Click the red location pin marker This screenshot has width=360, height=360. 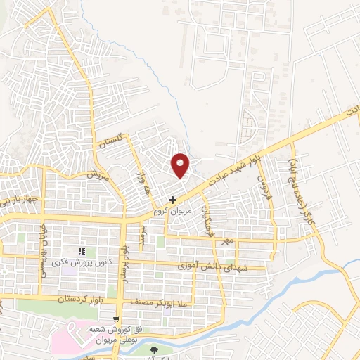click(x=181, y=165)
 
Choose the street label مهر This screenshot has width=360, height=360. click(x=226, y=240)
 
